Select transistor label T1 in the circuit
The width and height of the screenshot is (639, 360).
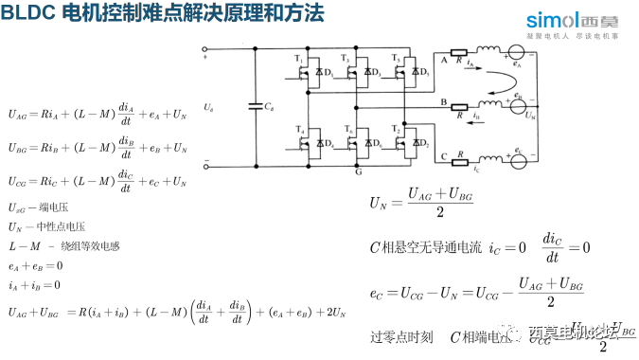[298, 59]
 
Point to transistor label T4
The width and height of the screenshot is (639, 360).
[298, 127]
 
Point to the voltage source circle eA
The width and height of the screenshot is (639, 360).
[518, 56]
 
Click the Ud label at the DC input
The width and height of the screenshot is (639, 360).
[207, 108]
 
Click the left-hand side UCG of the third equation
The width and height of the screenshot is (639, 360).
[18, 178]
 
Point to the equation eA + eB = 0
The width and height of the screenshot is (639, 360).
[35, 266]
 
